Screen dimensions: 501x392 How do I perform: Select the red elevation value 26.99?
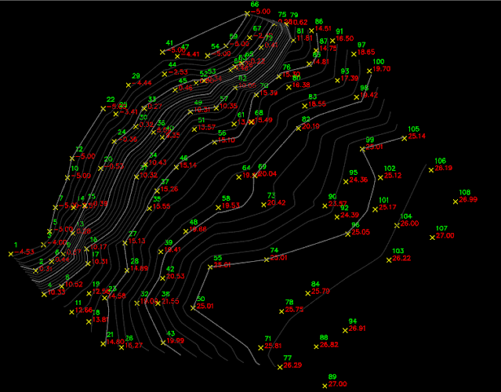coord(468,200)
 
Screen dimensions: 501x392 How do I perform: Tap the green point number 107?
coord(441,229)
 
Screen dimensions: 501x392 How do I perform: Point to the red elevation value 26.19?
coord(443,169)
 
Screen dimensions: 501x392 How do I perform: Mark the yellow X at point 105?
coord(403,136)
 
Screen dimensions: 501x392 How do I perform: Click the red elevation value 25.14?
coord(416,136)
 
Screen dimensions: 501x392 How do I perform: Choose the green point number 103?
coord(398,251)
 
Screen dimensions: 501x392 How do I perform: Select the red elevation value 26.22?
coord(401,258)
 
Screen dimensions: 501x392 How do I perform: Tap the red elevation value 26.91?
coord(358,328)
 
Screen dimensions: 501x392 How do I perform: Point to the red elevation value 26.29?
coord(292,365)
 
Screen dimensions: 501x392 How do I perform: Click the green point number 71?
coord(267,339)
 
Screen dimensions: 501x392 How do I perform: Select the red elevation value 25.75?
coord(295,310)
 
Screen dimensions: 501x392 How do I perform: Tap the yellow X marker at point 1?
coord(16,252)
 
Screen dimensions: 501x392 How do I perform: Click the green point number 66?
coord(254,4)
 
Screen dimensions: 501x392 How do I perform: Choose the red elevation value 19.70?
coord(381,69)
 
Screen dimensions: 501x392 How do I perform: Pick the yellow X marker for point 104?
coord(396,224)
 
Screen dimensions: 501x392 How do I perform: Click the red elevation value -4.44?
coord(143,82)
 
